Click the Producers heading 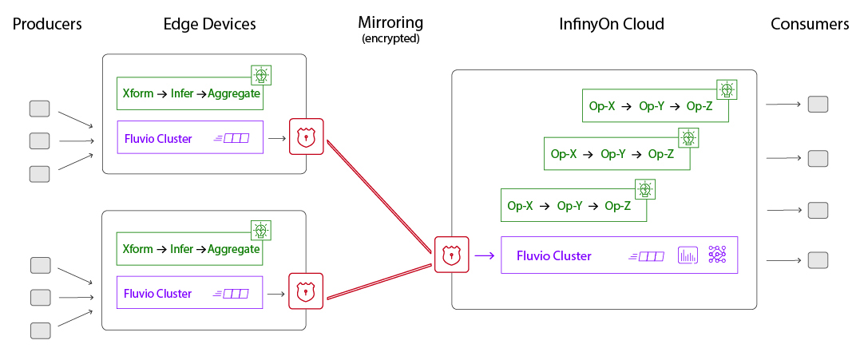[47, 24]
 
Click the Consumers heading [809, 24]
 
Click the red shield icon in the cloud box [451, 255]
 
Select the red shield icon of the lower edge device [305, 291]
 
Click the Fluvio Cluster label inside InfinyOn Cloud [553, 256]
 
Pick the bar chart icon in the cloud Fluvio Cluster [688, 255]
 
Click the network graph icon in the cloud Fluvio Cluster [716, 255]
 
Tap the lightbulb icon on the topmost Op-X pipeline [726, 89]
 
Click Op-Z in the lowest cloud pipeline [617, 206]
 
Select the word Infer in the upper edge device [182, 93]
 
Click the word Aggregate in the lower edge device [234, 249]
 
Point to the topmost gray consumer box [818, 105]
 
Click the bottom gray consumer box [818, 260]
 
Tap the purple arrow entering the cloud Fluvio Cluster [484, 256]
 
